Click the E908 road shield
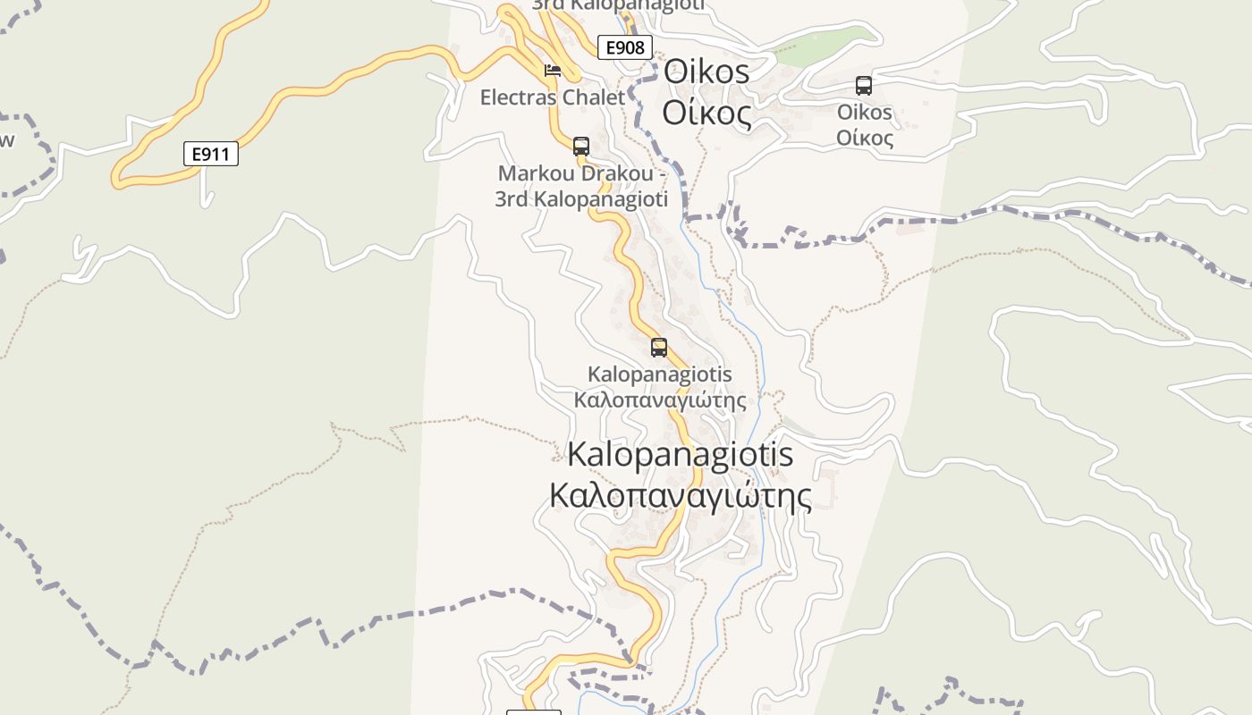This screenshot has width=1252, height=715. point(625,47)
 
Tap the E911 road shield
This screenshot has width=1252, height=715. point(211,154)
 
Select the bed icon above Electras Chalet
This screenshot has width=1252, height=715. point(553,70)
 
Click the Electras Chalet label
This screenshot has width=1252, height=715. point(552,97)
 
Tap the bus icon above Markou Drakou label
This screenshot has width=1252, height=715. point(581,146)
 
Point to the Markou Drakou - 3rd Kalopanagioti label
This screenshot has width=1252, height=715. point(581,186)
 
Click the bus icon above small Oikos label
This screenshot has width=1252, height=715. point(864,86)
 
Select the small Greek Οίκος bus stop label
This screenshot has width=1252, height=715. point(865,139)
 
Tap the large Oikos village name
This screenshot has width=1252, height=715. point(706,71)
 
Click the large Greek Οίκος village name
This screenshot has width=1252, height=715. point(706,114)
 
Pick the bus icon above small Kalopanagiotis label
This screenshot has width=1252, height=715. point(659,347)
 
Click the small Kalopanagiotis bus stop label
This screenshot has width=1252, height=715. point(659,374)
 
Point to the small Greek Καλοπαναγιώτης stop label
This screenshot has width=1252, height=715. point(659,400)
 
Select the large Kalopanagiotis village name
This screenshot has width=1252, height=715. point(680,454)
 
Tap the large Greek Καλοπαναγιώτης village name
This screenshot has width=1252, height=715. point(680,496)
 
